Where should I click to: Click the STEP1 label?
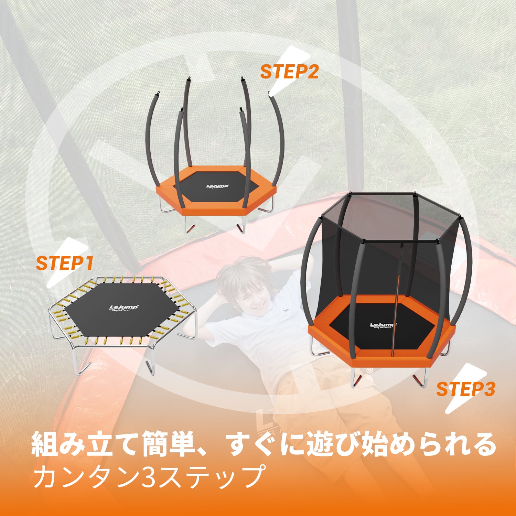coord(65,264)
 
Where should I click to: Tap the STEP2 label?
coord(289,72)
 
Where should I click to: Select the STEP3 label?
coord(465,389)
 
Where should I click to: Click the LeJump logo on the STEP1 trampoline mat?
coord(123,308)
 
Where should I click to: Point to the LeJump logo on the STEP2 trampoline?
coord(217,186)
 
